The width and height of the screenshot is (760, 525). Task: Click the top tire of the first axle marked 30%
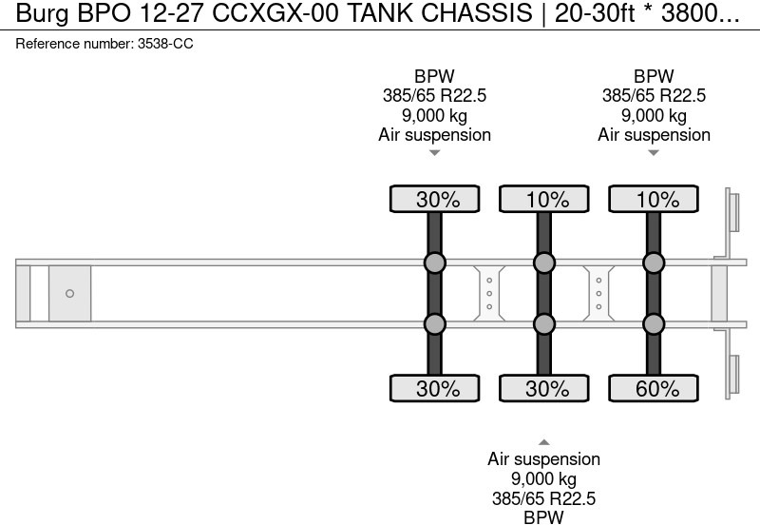click(435, 200)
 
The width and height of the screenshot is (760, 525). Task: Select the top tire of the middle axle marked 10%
click(544, 200)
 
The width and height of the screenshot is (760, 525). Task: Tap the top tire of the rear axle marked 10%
click(654, 200)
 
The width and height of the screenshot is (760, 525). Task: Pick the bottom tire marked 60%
click(654, 389)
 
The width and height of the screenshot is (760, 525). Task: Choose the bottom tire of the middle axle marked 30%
click(544, 389)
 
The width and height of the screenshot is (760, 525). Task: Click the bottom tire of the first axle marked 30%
click(435, 389)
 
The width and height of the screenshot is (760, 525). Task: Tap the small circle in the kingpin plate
click(69, 294)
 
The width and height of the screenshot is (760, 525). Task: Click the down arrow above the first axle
click(435, 153)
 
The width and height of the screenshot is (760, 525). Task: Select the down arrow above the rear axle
click(654, 153)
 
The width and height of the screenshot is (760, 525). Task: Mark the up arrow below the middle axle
click(544, 441)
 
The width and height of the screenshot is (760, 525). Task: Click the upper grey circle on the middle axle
click(544, 263)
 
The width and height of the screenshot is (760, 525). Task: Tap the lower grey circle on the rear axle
click(654, 324)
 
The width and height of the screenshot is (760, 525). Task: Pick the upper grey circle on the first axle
click(435, 263)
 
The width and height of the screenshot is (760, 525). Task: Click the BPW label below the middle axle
click(544, 516)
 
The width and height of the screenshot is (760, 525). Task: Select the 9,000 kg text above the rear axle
click(654, 116)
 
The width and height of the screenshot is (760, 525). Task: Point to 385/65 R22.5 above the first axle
click(435, 96)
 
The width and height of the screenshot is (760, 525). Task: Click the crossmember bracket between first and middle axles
click(489, 294)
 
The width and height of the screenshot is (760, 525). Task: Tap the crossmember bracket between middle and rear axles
click(598, 294)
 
